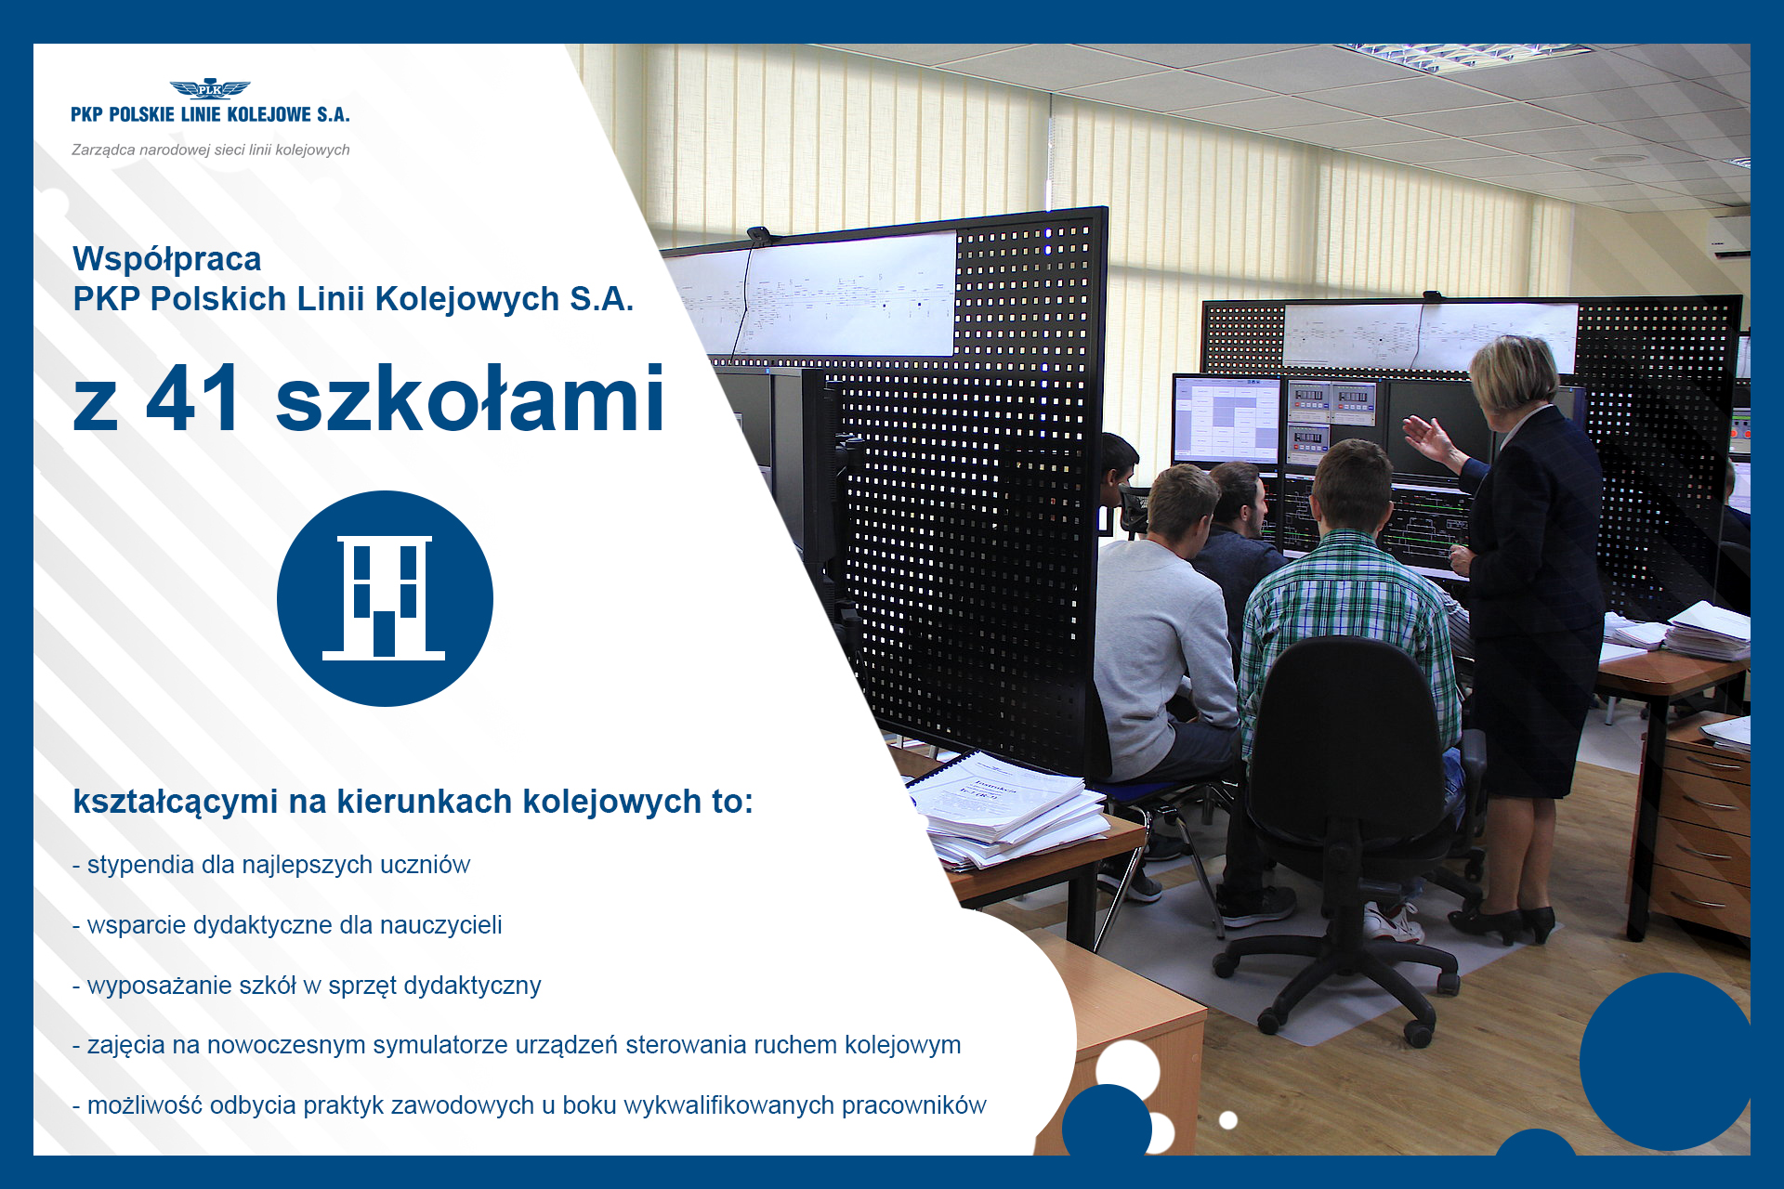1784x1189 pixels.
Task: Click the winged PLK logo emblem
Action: [210, 89]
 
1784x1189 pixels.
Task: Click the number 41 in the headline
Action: [194, 399]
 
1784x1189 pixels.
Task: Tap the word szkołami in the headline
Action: [470, 399]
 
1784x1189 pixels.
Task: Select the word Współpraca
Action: [167, 258]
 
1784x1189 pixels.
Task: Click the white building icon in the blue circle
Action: [384, 597]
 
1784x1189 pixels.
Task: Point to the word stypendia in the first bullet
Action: [140, 865]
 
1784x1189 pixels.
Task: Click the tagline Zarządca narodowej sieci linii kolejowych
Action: [211, 150]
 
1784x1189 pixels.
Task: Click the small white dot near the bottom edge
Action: [1228, 1120]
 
